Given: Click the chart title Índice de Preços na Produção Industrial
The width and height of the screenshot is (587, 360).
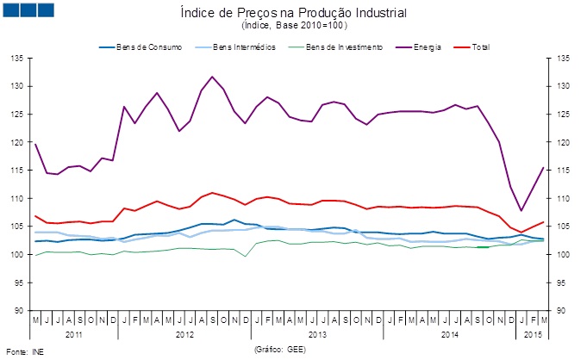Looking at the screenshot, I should coord(294,14).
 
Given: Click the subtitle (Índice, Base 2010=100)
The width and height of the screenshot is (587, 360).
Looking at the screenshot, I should coord(294,26).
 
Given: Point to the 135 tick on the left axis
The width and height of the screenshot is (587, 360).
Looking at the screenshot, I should coord(16,59).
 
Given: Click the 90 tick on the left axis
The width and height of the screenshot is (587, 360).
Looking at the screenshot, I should coord(17,310).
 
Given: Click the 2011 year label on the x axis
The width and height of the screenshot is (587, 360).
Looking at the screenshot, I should coord(74,333).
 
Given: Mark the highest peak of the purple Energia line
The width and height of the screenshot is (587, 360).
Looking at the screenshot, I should coord(212,77).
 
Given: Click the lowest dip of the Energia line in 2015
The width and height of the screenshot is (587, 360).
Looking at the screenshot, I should coord(521,210).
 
